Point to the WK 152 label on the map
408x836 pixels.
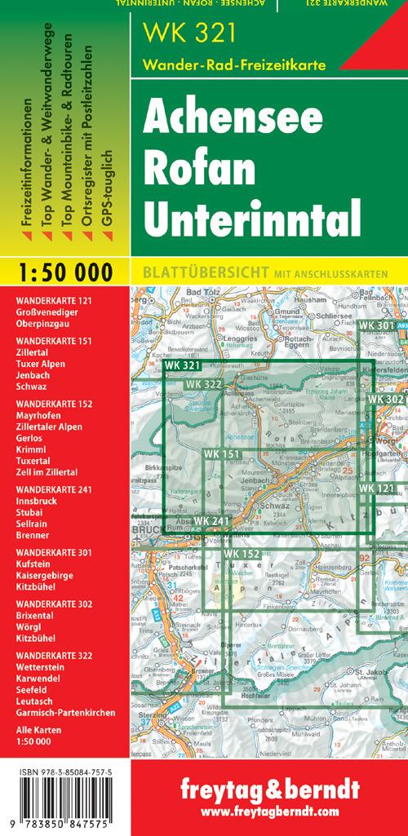(x=241, y=555)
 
